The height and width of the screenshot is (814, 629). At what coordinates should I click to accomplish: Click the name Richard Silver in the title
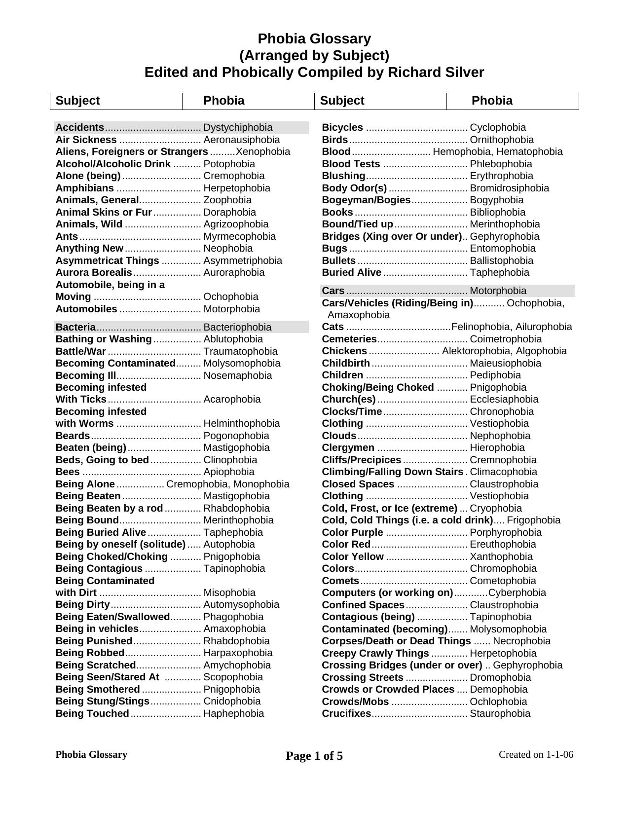pyautogui.click(x=436, y=73)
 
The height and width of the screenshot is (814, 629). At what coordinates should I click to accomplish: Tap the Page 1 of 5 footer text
pyautogui.click(x=314, y=756)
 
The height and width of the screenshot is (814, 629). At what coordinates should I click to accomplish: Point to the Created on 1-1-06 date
pyautogui.click(x=536, y=754)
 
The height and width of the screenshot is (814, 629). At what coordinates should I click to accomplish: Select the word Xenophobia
pyautogui.click(x=263, y=151)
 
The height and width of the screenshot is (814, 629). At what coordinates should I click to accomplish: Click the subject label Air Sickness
pyautogui.click(x=86, y=140)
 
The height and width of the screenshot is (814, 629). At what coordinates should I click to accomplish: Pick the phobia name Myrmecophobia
pyautogui.click(x=239, y=236)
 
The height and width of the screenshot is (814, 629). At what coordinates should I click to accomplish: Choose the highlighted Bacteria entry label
pyautogui.click(x=75, y=327)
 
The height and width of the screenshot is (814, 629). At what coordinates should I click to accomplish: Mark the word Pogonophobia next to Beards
pyautogui.click(x=236, y=436)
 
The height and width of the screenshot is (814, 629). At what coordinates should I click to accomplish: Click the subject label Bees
pyautogui.click(x=68, y=472)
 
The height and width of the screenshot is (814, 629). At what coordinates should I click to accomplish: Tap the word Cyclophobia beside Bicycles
pyautogui.click(x=498, y=127)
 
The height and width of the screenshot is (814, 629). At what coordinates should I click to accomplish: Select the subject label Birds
pyautogui.click(x=334, y=140)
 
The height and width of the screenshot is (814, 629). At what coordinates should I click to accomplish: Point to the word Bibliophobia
pyautogui.click(x=497, y=212)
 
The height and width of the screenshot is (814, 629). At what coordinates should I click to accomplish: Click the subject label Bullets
pyautogui.click(x=338, y=260)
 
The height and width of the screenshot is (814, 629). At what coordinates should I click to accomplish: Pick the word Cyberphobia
pyautogui.click(x=517, y=592)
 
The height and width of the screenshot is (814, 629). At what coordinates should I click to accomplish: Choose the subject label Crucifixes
pyautogui.click(x=346, y=713)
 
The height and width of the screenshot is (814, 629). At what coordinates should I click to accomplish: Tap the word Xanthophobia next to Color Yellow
pyautogui.click(x=501, y=556)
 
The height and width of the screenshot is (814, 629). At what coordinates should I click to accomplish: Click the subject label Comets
pyautogui.click(x=340, y=581)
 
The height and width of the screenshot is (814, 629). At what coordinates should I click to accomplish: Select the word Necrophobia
pyautogui.click(x=521, y=641)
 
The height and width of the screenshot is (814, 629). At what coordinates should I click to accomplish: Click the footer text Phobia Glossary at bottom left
pyautogui.click(x=91, y=754)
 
